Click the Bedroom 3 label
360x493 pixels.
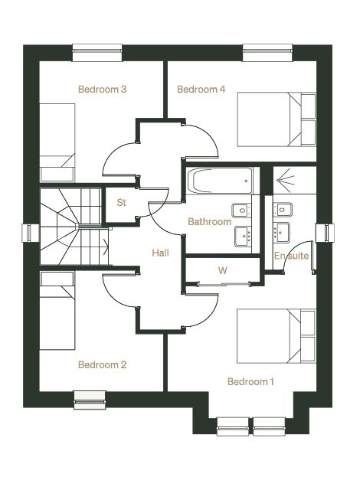click(x=103, y=90)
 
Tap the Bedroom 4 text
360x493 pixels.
click(x=201, y=90)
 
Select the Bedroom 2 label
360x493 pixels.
click(x=103, y=364)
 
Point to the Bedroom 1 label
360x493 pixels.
click(x=250, y=382)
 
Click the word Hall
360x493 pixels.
click(x=161, y=253)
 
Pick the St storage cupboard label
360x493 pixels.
click(x=122, y=202)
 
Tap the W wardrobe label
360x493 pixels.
click(x=222, y=270)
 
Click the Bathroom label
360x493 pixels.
click(x=210, y=222)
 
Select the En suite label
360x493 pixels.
click(x=291, y=256)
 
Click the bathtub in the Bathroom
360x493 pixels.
click(x=220, y=181)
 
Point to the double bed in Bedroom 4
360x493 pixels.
click(x=277, y=119)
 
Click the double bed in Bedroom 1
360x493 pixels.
click(x=277, y=336)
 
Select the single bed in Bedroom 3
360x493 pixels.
click(x=57, y=142)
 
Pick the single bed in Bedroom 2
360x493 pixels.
click(x=57, y=311)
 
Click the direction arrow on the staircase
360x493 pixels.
click(x=106, y=246)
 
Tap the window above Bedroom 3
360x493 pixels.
click(x=97, y=52)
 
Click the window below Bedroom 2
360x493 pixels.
click(x=90, y=400)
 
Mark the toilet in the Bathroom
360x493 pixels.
click(x=241, y=211)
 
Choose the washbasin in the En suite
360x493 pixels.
click(x=280, y=233)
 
